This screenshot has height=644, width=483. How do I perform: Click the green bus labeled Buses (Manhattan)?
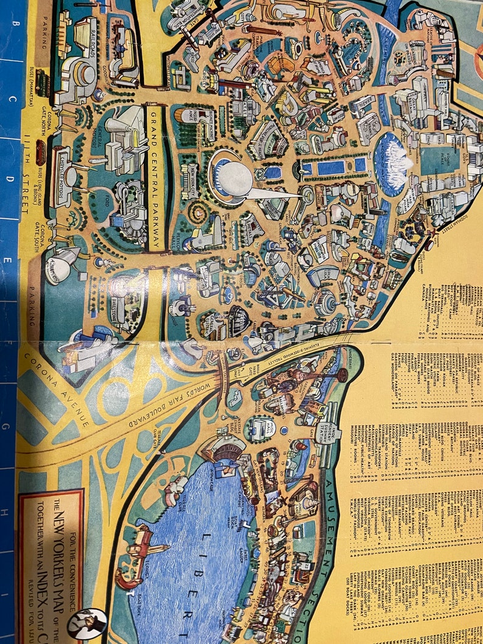(x=43, y=83)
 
